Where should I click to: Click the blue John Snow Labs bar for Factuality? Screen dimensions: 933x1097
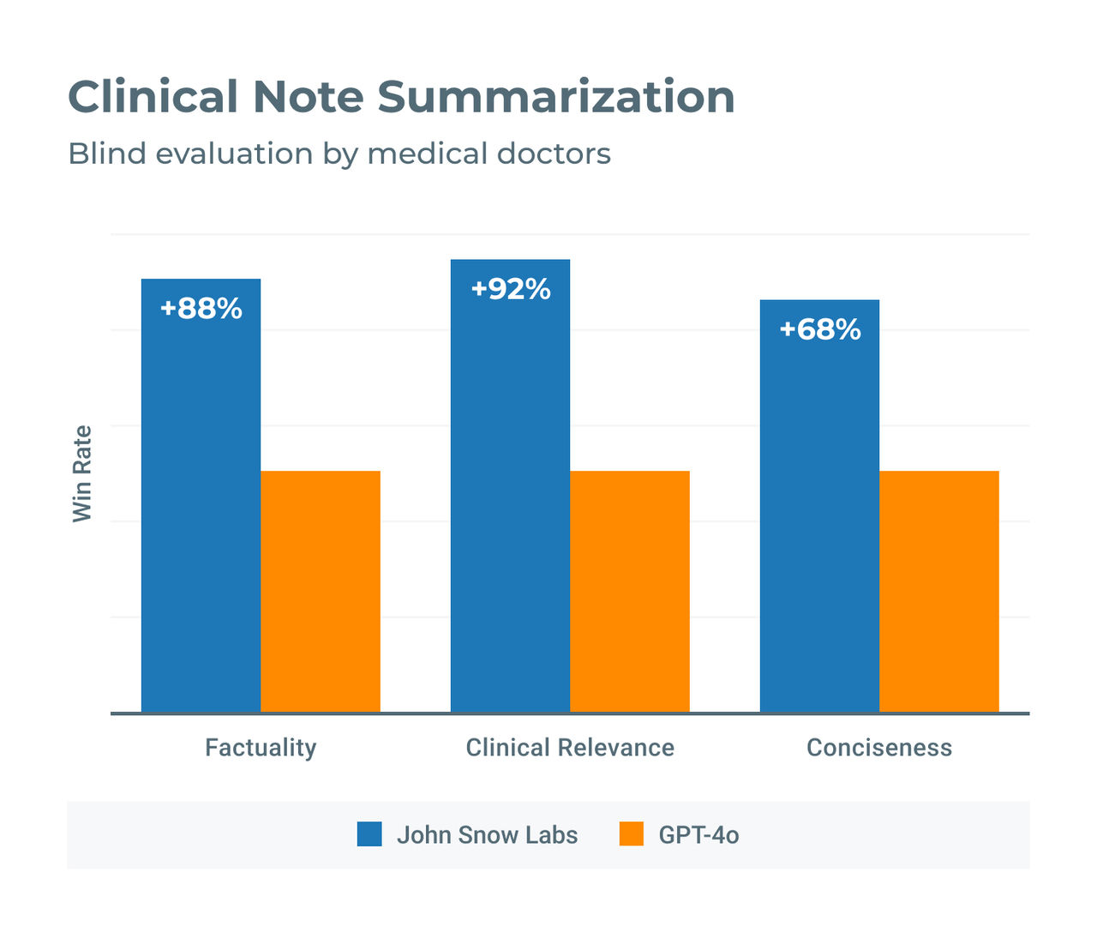201,515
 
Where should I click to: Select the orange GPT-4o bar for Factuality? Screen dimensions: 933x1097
321,592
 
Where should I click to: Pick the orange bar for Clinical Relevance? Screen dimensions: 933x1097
630,592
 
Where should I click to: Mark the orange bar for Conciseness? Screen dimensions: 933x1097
939,592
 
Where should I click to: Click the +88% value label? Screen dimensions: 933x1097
201,309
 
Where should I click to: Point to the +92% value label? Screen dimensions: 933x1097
511,289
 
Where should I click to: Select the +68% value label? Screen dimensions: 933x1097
820,329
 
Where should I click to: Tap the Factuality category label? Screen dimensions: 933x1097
261,748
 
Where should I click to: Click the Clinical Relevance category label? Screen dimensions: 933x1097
570,748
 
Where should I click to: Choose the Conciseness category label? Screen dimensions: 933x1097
879,748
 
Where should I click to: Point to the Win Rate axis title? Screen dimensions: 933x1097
82,473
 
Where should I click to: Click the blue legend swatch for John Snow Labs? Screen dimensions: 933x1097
369,834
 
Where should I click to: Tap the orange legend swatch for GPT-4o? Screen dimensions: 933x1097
632,834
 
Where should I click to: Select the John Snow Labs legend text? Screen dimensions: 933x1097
487,835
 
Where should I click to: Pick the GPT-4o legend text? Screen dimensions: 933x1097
698,835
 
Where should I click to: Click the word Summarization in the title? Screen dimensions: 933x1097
556,96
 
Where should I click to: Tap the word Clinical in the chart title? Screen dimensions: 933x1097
153,96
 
